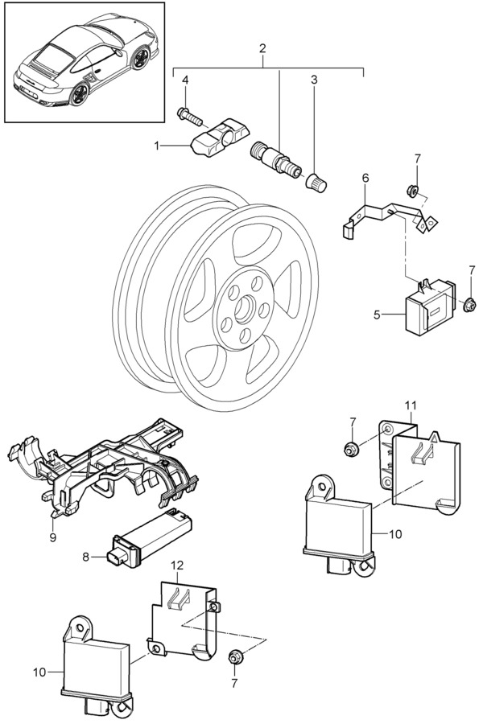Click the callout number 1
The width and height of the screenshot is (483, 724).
click(157, 146)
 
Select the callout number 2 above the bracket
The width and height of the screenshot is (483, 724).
click(262, 48)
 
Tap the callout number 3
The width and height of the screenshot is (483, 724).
click(314, 80)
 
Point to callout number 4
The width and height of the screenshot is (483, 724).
click(185, 80)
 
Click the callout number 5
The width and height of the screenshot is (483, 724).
click(378, 315)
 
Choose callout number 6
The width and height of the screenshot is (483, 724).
click(365, 177)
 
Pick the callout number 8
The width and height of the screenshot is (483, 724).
click(85, 557)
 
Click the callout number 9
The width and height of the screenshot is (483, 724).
click(52, 537)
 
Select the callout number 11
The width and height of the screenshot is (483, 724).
click(411, 405)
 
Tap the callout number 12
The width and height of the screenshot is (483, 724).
click(177, 566)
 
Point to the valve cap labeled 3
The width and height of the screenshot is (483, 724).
click(316, 183)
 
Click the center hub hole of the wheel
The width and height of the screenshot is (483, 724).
click(244, 311)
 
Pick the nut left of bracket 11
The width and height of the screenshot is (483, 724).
click(351, 449)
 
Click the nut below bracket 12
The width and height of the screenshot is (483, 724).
click(234, 656)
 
